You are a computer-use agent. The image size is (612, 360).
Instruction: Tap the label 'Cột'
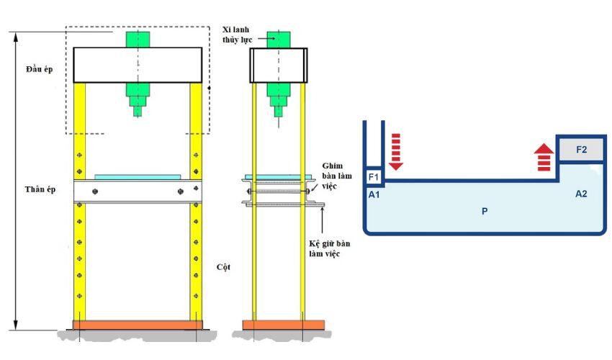click(x=223, y=266)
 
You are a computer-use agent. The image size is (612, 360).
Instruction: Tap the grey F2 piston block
click(x=581, y=150)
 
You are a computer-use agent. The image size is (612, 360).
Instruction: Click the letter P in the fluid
click(x=485, y=212)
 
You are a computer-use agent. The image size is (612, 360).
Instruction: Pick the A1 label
click(x=374, y=194)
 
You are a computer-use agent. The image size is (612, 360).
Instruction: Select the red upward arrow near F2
click(x=544, y=157)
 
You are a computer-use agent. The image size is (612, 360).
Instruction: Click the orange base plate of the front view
click(x=138, y=325)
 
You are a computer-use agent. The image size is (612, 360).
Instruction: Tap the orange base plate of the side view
click(x=278, y=325)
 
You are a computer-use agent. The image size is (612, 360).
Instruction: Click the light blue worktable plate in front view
click(x=138, y=176)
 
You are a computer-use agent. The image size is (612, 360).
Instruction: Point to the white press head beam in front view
click(x=138, y=65)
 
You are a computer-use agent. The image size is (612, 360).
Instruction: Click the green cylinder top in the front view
click(x=138, y=38)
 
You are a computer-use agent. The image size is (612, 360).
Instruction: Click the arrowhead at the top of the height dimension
click(x=15, y=35)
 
